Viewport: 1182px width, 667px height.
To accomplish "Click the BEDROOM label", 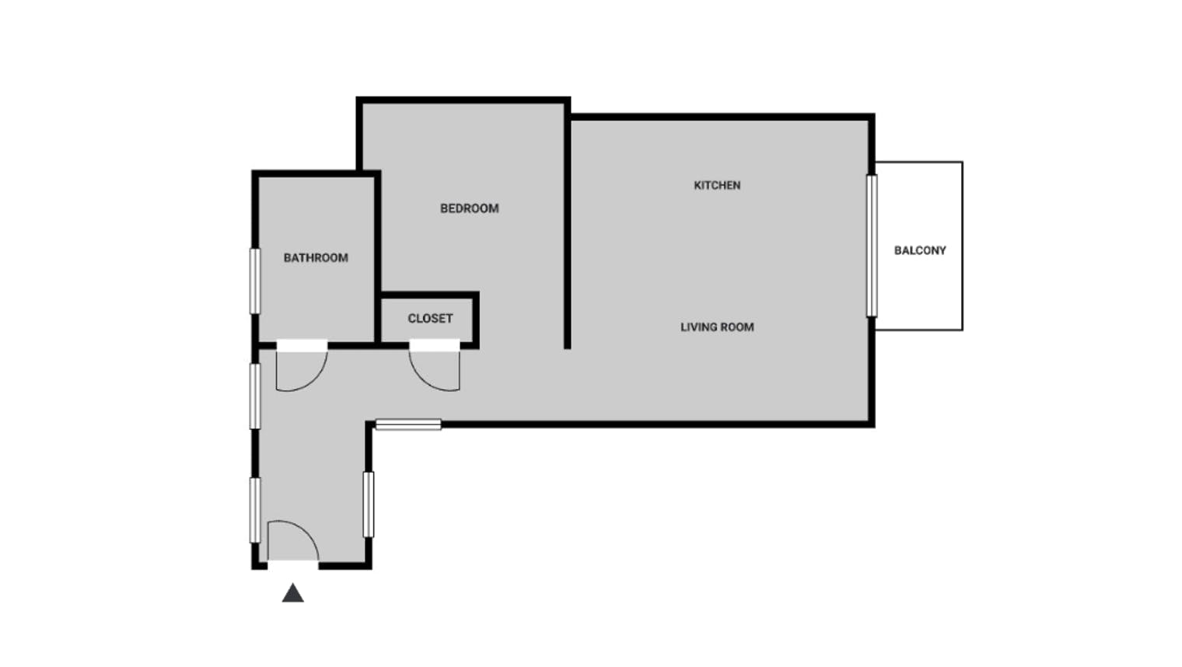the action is tap(469, 208).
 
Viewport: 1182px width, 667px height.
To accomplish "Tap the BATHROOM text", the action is tap(316, 258).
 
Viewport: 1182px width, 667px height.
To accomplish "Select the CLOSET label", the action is tap(430, 318).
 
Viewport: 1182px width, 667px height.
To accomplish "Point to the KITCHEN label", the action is tap(717, 185).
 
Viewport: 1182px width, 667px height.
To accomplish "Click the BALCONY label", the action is tap(920, 250).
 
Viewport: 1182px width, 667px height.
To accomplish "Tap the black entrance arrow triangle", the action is tap(293, 593).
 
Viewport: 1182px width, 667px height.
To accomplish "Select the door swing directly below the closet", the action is tap(422, 379).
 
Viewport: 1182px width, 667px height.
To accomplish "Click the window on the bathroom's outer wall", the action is tap(255, 281).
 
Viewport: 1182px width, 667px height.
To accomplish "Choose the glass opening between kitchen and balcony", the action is tap(872, 246).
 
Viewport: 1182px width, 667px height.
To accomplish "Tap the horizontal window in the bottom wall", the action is tap(408, 424).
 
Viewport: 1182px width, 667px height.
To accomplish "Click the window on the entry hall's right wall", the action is tap(369, 505).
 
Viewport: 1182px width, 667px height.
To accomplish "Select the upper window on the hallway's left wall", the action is tap(255, 396).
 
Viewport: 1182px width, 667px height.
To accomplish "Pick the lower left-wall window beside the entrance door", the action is tap(255, 510).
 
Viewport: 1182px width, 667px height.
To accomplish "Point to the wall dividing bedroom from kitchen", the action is tap(567, 224).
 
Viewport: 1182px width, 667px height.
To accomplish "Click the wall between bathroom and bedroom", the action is tap(377, 257).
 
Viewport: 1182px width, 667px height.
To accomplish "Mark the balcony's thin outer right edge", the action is tap(963, 246).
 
